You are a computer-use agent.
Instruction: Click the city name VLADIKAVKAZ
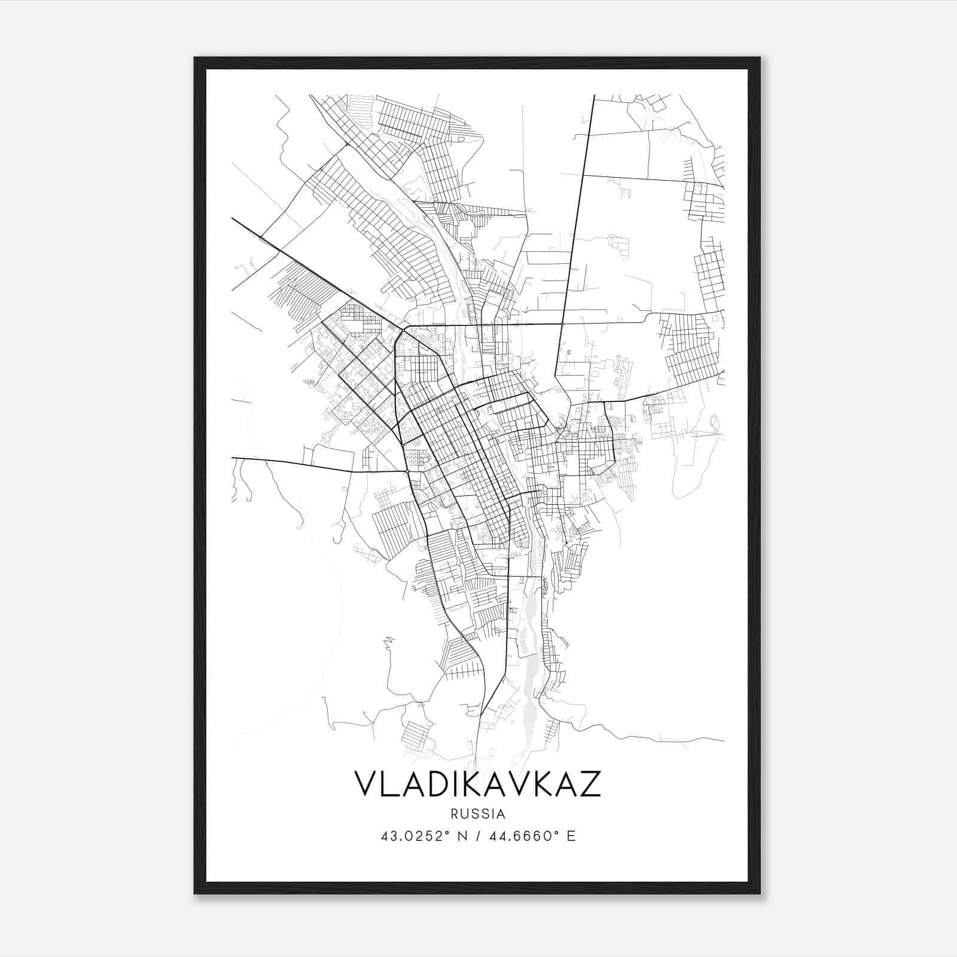(x=478, y=784)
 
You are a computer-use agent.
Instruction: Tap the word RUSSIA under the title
(x=478, y=814)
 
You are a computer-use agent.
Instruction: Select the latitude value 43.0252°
(x=414, y=836)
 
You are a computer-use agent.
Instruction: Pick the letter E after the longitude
(x=571, y=836)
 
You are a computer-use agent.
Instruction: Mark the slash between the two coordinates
(x=477, y=836)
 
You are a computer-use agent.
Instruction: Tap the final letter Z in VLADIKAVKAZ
(x=589, y=784)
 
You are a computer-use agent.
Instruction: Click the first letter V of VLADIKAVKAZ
(x=367, y=784)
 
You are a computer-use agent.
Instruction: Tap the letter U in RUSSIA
(x=464, y=814)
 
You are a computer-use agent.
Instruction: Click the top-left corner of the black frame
(x=195, y=58)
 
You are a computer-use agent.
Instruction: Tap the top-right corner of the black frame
(x=760, y=58)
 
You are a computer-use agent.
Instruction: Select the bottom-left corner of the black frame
(x=195, y=893)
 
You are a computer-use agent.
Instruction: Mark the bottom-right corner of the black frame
(x=760, y=893)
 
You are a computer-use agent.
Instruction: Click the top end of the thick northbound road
(x=594, y=96)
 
